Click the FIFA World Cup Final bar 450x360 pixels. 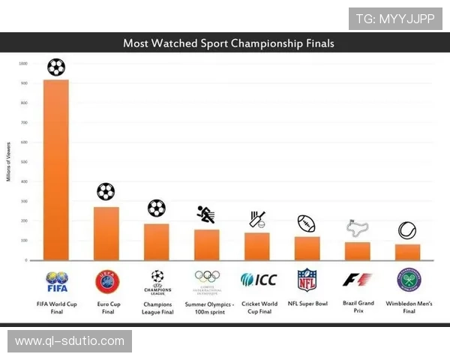pyautogui.click(x=56, y=169)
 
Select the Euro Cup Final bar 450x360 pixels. pyautogui.click(x=106, y=233)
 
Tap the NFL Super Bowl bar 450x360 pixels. pyautogui.click(x=307, y=248)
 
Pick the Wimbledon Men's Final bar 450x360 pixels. pyautogui.click(x=407, y=252)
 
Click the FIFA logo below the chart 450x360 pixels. pyautogui.click(x=56, y=281)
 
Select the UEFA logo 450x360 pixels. pyautogui.click(x=106, y=280)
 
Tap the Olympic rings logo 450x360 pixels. pyautogui.click(x=207, y=278)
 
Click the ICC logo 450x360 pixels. pyautogui.click(x=259, y=280)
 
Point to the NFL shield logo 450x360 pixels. pyautogui.click(x=307, y=280)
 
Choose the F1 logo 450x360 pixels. pyautogui.click(x=357, y=280)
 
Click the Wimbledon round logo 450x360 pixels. pyautogui.click(x=408, y=280)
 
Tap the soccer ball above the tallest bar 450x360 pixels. pyautogui.click(x=56, y=67)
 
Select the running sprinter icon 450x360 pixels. pyautogui.click(x=206, y=214)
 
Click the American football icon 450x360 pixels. pyautogui.click(x=306, y=223)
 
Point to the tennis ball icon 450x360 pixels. pyautogui.click(x=407, y=230)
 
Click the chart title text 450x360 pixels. pyautogui.click(x=228, y=43)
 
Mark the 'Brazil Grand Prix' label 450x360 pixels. pyautogui.click(x=357, y=307)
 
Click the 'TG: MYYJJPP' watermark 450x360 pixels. pyautogui.click(x=395, y=19)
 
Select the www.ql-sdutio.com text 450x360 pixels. pyautogui.click(x=69, y=341)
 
